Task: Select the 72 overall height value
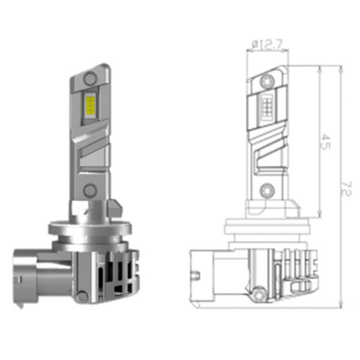[x=346, y=189]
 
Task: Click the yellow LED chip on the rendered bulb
[x=90, y=106]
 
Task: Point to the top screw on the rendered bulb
[x=90, y=78]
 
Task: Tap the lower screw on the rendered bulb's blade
[x=90, y=190]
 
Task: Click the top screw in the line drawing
[x=267, y=81]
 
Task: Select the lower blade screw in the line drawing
[x=267, y=190]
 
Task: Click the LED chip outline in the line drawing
[x=267, y=107]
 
